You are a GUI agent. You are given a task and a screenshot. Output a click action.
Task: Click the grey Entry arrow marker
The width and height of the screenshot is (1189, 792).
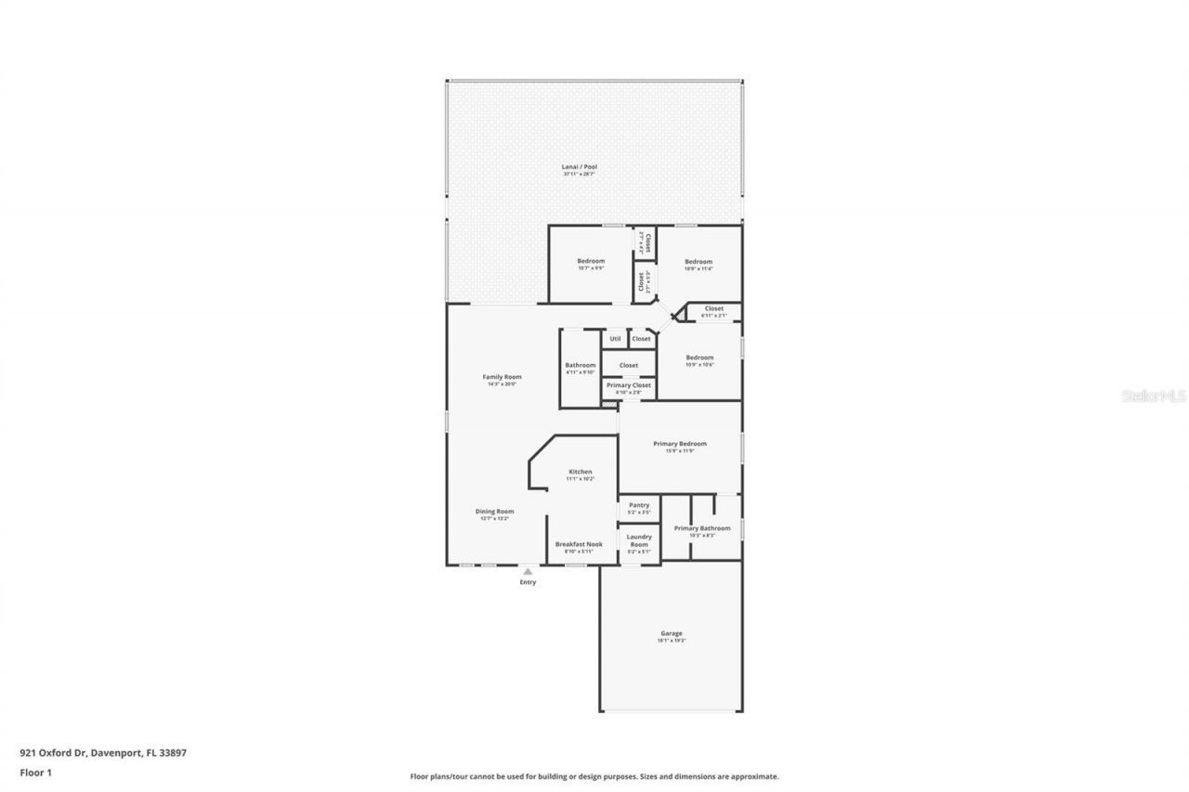click(x=528, y=572)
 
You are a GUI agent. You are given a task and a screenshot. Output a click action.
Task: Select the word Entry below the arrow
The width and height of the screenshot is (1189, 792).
click(x=528, y=582)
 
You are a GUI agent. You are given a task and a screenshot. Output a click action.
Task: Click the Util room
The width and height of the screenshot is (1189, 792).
click(x=615, y=339)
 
